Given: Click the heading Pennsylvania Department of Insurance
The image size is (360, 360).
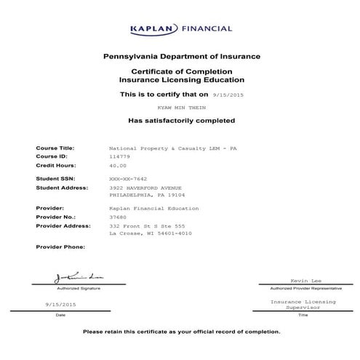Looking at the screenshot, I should click(182, 56).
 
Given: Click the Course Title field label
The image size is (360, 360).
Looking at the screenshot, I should click(55, 148).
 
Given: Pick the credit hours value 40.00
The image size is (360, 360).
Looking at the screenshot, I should click(117, 165).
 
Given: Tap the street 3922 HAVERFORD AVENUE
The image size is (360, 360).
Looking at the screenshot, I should click(146, 188).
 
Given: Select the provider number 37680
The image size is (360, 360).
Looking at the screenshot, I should click(117, 216).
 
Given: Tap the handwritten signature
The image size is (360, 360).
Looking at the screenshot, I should click(70, 279).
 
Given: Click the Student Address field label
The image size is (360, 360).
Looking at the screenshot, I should click(61, 188).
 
